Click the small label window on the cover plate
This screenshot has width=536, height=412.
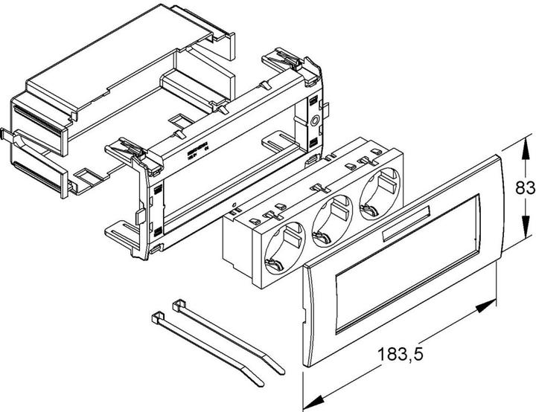[402, 228]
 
